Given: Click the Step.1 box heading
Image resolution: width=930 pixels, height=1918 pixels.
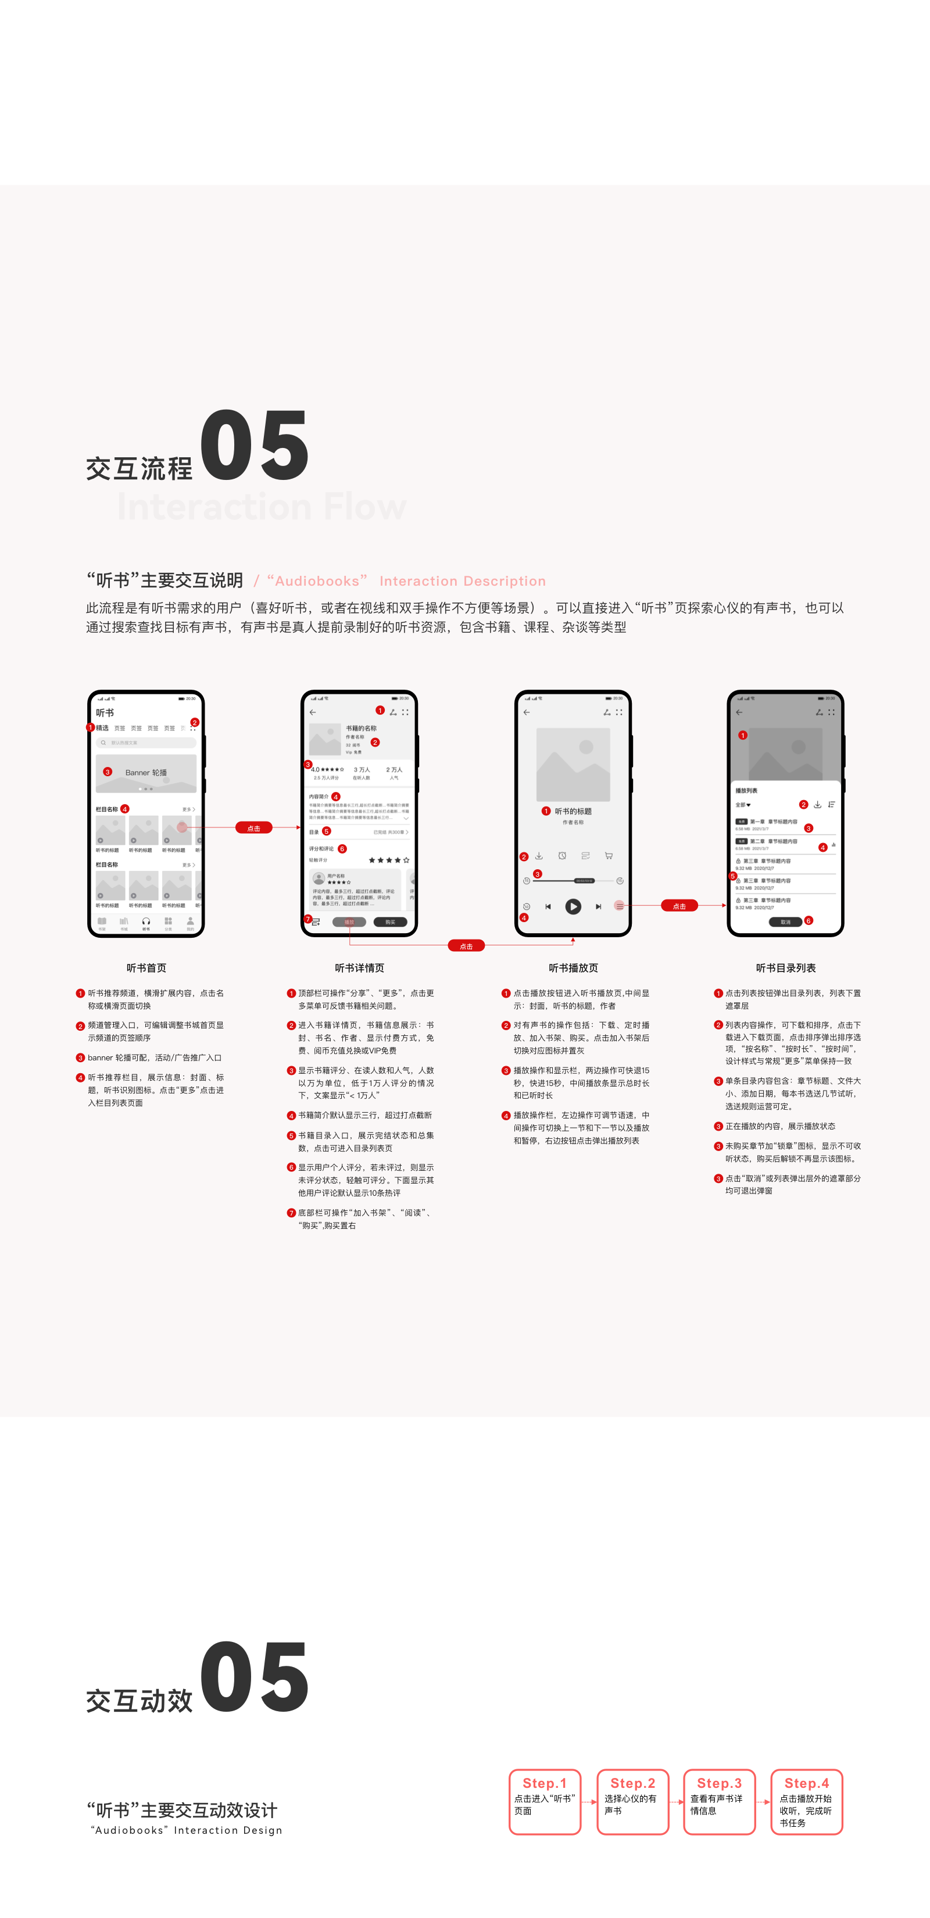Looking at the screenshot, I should tap(544, 1783).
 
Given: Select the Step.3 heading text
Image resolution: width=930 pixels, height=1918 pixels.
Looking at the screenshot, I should tap(718, 1783).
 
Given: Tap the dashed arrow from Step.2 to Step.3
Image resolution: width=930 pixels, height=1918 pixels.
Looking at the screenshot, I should tap(676, 1802).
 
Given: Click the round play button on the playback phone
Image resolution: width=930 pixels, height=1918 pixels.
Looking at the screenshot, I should tap(573, 906).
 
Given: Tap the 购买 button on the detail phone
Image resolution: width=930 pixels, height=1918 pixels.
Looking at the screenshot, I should tap(390, 922).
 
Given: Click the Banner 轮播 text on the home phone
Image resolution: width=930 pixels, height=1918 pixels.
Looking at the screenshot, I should tap(146, 772).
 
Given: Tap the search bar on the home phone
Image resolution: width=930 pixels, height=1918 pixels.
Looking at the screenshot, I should tap(146, 743).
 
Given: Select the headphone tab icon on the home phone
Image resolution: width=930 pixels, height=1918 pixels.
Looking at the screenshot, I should tap(146, 922).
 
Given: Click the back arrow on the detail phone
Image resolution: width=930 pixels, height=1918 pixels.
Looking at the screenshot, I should tap(313, 712).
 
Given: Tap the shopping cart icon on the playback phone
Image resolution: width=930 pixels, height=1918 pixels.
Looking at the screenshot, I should tap(609, 855).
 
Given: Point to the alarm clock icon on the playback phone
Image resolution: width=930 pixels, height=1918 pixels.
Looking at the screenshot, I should tap(562, 855).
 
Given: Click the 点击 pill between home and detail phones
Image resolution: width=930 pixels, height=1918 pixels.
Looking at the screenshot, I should tap(253, 828).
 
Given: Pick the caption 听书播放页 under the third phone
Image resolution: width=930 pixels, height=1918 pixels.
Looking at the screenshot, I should tap(573, 968).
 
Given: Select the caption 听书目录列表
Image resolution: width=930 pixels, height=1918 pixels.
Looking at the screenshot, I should tap(785, 968).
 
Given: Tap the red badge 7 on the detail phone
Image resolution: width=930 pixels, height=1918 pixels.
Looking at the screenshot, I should tap(307, 919).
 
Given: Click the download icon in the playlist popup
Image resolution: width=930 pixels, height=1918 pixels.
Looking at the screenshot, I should tap(817, 804).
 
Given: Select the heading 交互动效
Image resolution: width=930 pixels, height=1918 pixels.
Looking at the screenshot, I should tap(139, 1701).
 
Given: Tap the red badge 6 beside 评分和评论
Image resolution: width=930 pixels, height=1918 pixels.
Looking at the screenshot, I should tap(342, 849).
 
